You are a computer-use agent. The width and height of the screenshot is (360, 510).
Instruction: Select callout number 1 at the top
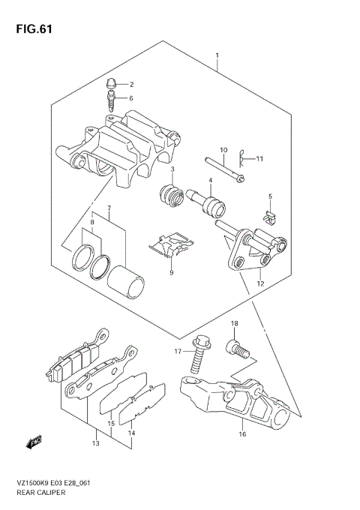(x=217, y=56)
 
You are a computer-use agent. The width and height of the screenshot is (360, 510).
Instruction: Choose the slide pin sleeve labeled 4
(x=212, y=202)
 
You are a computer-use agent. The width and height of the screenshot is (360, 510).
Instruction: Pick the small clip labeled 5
(x=269, y=217)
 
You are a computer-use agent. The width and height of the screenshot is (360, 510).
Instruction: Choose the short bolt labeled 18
(x=236, y=349)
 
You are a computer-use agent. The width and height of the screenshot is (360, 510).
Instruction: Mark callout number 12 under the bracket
(x=259, y=284)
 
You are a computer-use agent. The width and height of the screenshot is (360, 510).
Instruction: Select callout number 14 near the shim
(x=131, y=433)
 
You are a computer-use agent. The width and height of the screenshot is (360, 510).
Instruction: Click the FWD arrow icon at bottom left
(x=35, y=443)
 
